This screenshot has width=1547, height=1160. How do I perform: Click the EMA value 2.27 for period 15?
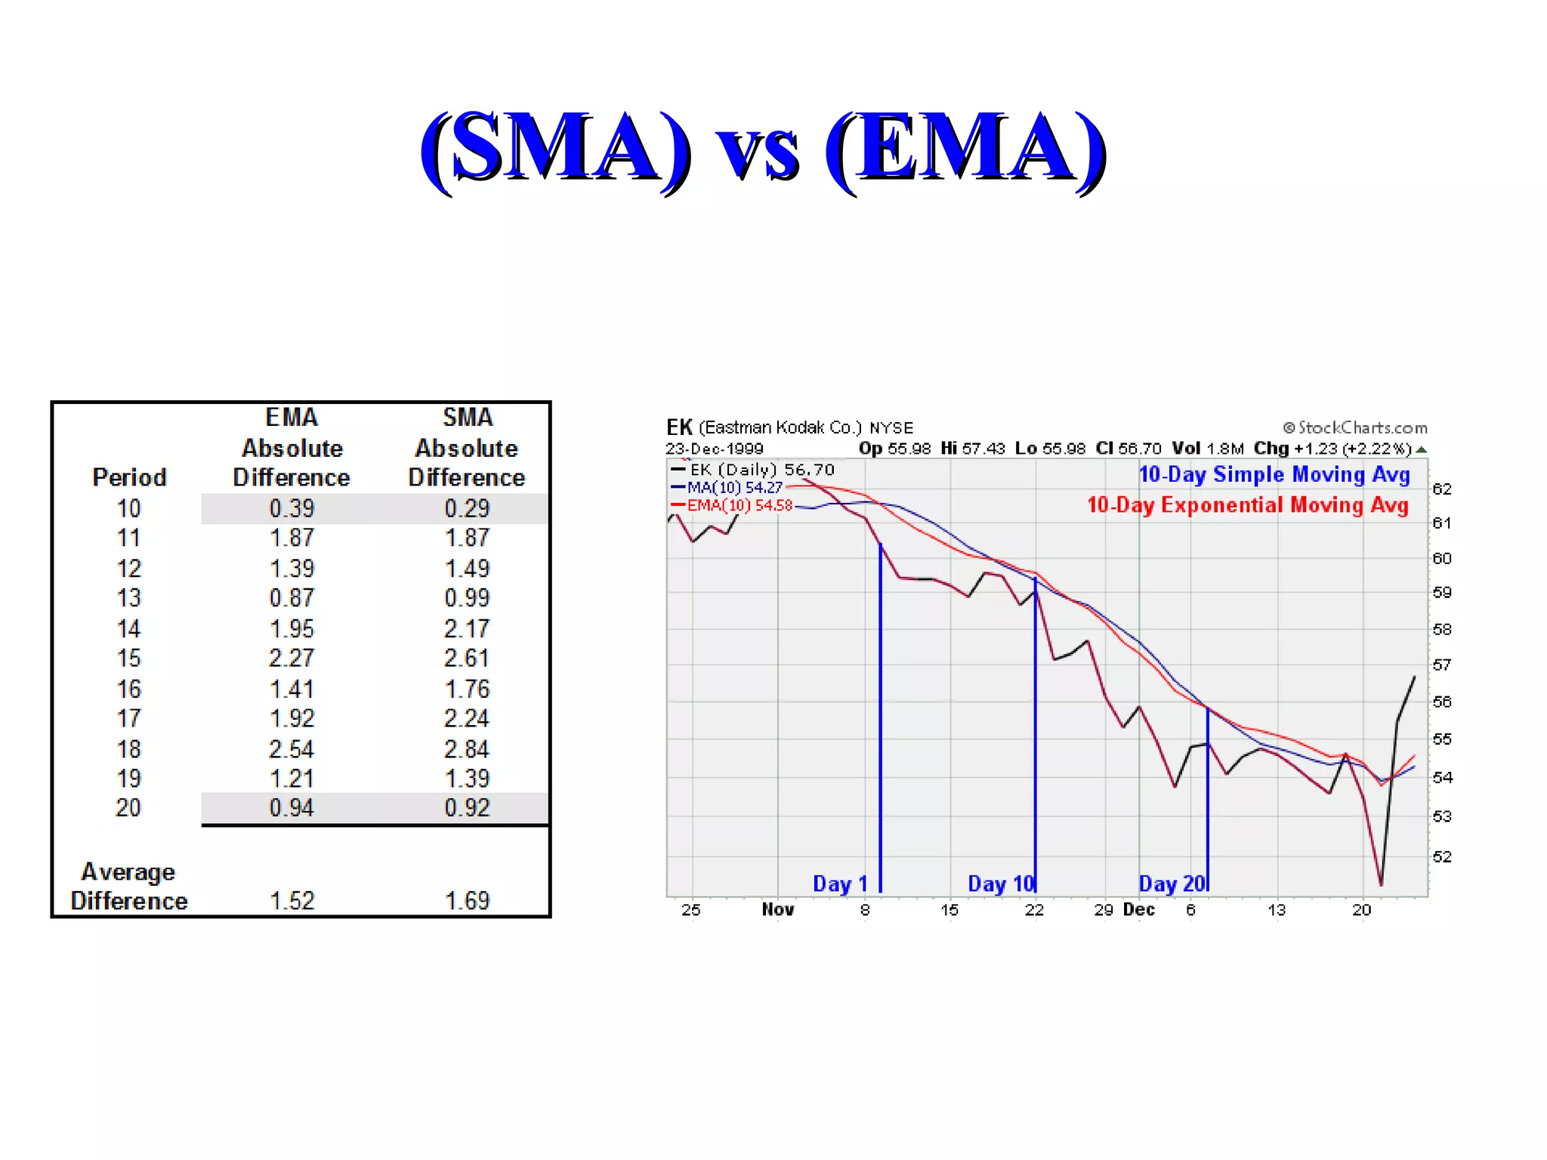click(292, 658)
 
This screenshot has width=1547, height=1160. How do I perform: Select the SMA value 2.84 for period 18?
click(467, 749)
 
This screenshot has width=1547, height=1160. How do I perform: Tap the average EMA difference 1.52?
click(292, 900)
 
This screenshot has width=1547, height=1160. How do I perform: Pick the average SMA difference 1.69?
click(467, 900)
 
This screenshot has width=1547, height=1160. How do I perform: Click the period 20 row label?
click(128, 808)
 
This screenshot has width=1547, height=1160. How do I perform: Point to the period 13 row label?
click(128, 598)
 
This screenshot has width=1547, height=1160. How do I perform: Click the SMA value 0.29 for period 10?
click(467, 508)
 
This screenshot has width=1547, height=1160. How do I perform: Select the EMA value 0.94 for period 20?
click(292, 808)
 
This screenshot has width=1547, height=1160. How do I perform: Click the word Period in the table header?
click(129, 477)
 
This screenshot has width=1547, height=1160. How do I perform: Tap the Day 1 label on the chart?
click(840, 884)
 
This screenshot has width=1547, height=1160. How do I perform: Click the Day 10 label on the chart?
click(1000, 884)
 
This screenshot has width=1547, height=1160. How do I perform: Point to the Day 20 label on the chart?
click(1172, 884)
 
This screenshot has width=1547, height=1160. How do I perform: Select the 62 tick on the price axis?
click(1442, 489)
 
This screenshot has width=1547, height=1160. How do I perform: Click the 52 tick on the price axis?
click(1442, 856)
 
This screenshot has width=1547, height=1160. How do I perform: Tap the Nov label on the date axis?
click(778, 909)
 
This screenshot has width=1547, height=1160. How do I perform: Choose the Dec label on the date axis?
click(1138, 909)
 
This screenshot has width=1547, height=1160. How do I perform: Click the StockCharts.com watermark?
click(1355, 427)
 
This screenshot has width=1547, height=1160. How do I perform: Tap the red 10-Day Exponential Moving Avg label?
click(1248, 504)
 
